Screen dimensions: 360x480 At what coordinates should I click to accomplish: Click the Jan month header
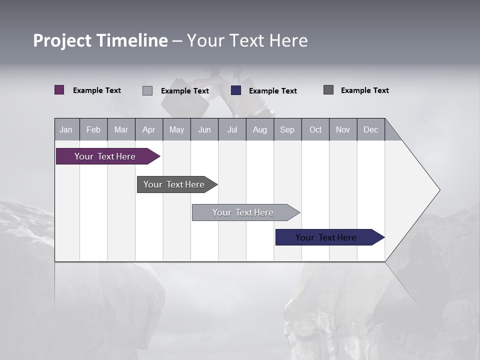tap(66, 129)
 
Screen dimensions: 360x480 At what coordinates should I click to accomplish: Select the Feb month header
tap(93, 129)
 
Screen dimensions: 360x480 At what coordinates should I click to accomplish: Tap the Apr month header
tap(148, 129)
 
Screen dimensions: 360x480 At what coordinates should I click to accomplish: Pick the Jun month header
tap(204, 129)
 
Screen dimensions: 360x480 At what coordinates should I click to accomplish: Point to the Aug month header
tap(259, 129)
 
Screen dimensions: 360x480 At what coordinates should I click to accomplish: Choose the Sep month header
tap(287, 129)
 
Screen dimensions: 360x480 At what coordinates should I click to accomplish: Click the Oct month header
tap(315, 129)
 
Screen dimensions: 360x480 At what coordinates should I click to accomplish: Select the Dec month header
tap(370, 129)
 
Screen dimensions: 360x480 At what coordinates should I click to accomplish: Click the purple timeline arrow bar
tap(105, 156)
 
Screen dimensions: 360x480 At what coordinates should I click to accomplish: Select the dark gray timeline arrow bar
tap(174, 184)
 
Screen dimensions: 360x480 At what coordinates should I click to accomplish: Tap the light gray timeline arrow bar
tap(243, 212)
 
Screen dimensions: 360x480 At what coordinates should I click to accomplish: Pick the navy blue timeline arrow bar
tap(326, 237)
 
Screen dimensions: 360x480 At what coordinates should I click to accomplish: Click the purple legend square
tap(59, 90)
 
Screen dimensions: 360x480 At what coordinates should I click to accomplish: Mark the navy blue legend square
tap(236, 90)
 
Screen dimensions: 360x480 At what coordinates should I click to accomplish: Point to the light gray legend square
tap(147, 90)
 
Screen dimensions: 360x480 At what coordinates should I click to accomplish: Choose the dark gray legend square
tap(328, 90)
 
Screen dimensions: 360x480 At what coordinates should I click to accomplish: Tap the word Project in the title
tap(62, 41)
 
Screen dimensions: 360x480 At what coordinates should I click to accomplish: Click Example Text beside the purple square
tap(97, 90)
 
